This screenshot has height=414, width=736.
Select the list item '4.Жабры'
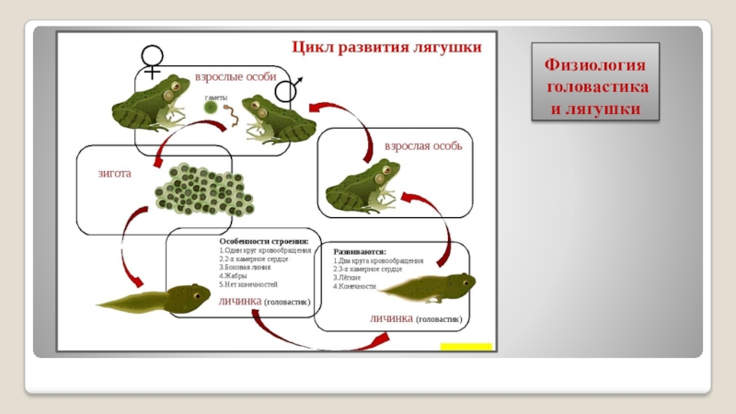[234, 276]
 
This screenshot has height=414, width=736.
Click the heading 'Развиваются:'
[360, 250]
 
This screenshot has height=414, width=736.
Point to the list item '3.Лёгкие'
[347, 277]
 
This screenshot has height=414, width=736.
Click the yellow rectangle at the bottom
[466, 347]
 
